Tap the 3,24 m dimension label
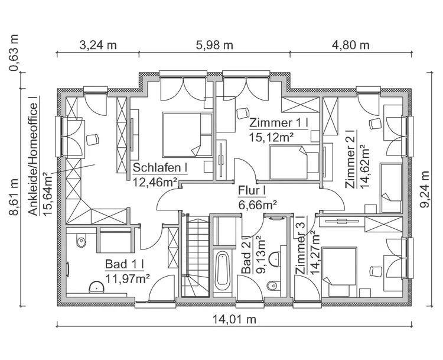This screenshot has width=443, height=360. (97, 45)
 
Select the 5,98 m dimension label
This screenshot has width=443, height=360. (214, 45)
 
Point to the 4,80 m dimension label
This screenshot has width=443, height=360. (350, 45)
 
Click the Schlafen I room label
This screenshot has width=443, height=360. (160, 167)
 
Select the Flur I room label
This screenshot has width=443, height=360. (252, 190)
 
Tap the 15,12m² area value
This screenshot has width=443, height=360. (272, 137)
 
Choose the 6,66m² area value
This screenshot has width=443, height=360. (258, 205)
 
